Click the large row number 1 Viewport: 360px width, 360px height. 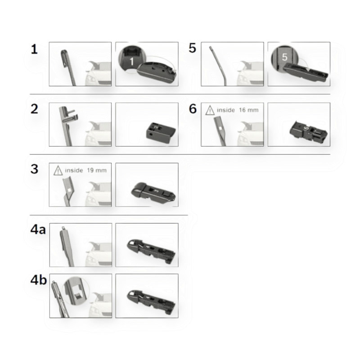34,49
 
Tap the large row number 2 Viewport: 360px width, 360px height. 34,109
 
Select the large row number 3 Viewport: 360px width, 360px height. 34,169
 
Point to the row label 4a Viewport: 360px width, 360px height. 38,229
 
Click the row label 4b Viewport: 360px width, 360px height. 39,280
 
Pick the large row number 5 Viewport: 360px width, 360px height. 193,48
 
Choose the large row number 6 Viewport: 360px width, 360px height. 193,108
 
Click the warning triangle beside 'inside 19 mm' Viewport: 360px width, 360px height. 58,171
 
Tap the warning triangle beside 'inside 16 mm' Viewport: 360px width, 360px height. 210,110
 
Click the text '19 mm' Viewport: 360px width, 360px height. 97,171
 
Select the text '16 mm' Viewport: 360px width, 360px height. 249,110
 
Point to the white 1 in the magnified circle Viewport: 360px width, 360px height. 132,61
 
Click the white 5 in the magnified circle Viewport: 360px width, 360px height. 285,57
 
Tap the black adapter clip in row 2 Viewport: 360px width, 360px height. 161,133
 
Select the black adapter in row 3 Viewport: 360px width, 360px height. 153,192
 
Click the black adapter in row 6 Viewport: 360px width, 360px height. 308,132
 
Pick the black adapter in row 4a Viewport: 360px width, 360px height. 152,251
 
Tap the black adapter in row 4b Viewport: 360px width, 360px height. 152,302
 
